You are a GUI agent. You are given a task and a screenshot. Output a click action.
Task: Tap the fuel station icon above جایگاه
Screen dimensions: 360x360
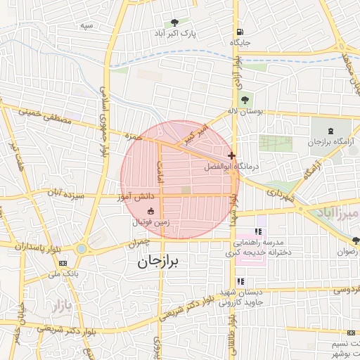point(240,32)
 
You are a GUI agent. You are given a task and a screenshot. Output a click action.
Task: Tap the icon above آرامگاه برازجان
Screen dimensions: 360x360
point(331,131)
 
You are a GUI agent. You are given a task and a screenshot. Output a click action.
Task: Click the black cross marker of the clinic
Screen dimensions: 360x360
point(231,155)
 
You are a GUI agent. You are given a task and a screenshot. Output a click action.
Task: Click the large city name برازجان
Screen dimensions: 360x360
point(156,262)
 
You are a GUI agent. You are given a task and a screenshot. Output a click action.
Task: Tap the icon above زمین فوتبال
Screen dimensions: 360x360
point(150,211)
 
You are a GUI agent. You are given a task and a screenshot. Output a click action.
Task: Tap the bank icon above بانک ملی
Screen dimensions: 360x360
point(64,263)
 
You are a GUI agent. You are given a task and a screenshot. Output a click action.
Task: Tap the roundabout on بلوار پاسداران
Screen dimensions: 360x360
point(82,248)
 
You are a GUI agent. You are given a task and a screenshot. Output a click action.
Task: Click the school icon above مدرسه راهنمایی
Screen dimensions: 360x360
point(258,231)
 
